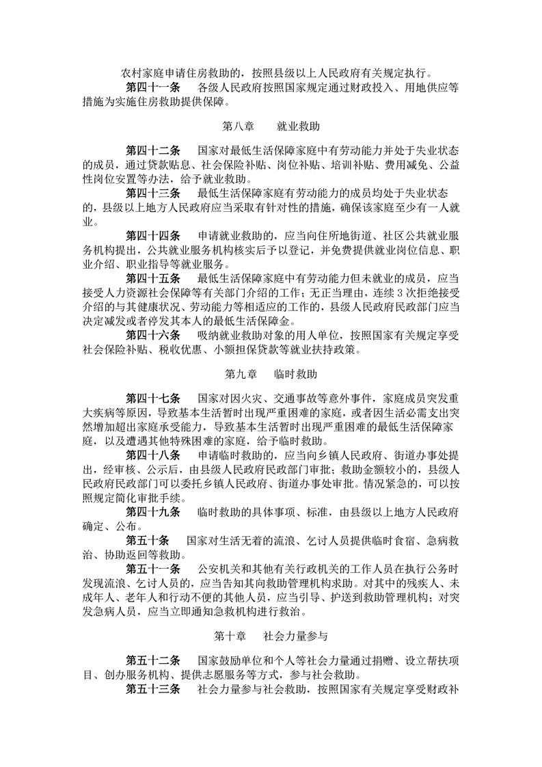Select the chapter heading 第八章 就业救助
pos(271,126)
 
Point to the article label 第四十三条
pos(153,193)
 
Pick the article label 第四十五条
pos(153,278)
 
